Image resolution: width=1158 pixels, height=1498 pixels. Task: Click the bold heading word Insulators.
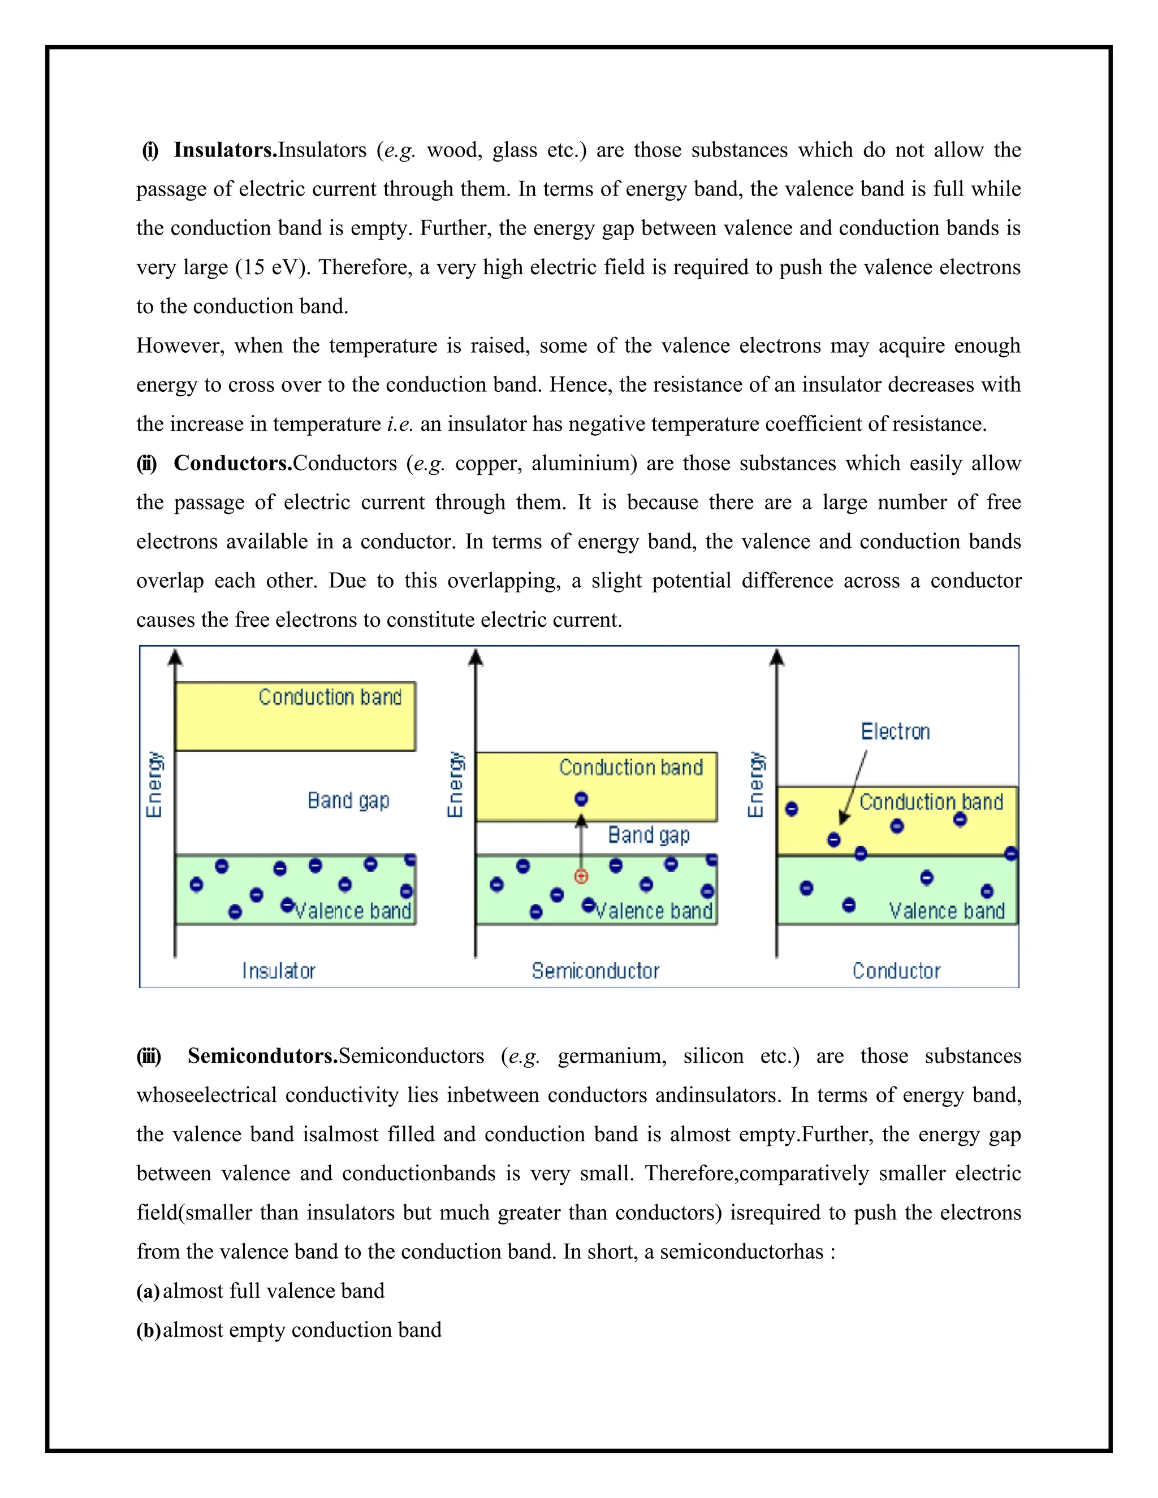point(224,150)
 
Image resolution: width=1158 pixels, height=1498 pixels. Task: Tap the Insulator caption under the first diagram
point(279,971)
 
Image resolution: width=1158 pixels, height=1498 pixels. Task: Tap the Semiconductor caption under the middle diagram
point(595,971)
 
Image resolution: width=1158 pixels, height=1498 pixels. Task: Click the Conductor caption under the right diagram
point(896,971)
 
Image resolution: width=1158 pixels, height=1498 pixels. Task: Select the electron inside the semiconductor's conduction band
point(581,798)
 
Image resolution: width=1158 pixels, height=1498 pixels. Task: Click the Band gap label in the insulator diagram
point(348,800)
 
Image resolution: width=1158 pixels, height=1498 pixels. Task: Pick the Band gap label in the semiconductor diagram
point(649,835)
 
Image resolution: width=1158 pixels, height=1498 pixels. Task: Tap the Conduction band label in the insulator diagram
point(330,697)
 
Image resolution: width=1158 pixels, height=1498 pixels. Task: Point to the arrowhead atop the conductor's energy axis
point(776,658)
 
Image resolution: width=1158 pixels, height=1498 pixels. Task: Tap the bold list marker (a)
point(148,1292)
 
